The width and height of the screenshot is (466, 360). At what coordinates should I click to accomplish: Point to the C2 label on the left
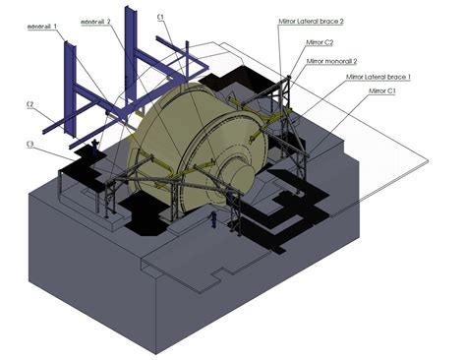pos(30,105)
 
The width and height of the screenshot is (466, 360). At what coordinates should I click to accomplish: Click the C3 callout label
pos(30,146)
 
